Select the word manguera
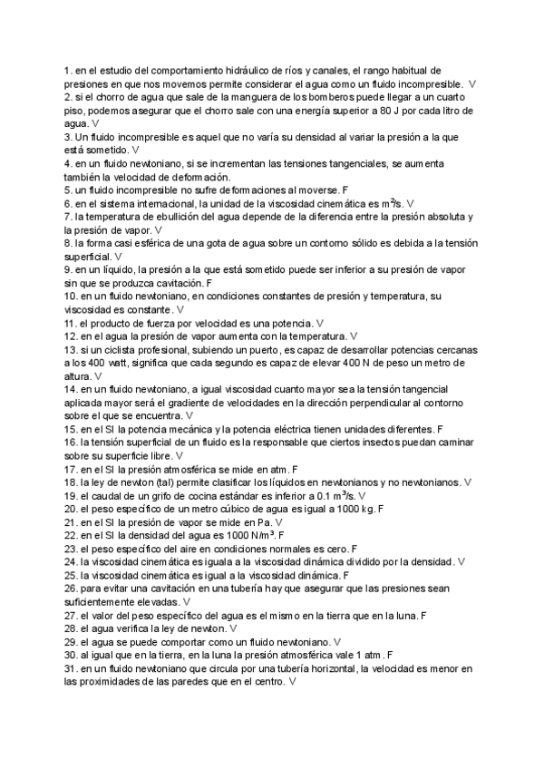click(x=239, y=96)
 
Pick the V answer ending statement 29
click(x=337, y=641)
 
